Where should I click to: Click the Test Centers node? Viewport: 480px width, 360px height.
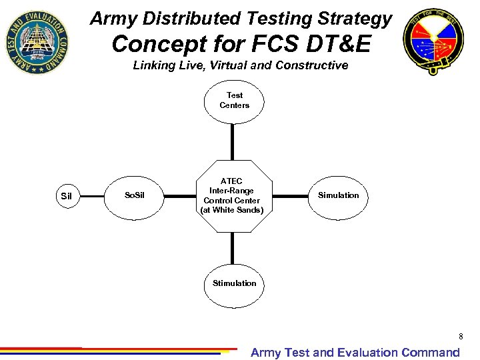234,101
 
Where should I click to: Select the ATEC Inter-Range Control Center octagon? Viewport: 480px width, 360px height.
233,196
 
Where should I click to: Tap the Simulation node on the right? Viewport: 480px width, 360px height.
338,195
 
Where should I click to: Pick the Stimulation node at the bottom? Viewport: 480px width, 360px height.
234,283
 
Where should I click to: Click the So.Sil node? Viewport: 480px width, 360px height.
135,195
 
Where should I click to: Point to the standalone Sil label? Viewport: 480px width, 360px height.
66,196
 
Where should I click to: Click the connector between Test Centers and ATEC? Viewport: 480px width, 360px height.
233,141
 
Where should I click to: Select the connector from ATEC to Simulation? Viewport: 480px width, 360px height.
291,196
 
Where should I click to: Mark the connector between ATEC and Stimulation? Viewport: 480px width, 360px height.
233,249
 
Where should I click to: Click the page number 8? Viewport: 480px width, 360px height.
460,337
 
